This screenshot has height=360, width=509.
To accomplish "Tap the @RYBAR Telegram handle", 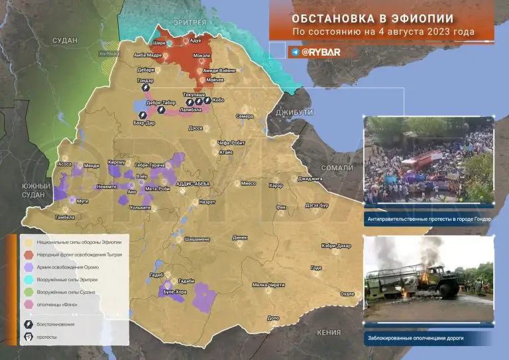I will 321,51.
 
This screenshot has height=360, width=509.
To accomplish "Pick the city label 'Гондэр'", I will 146,80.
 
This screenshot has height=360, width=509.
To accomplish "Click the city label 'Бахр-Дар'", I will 142,124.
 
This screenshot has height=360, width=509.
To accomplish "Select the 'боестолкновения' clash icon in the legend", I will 29,324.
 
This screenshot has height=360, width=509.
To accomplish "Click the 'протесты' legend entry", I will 46,337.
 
